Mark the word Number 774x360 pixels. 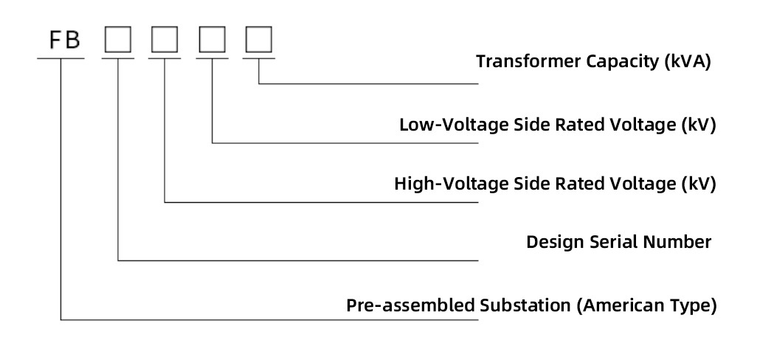[x=680, y=242]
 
